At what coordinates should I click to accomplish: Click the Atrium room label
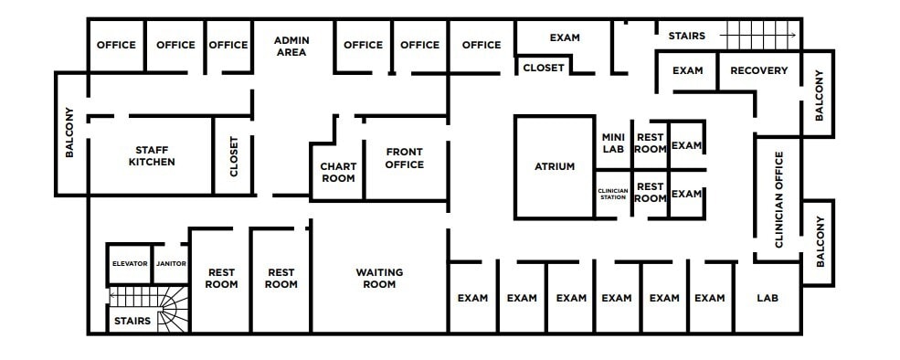[x=554, y=166]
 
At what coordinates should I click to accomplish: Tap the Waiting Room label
[x=379, y=279]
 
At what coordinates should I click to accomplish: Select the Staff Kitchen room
[x=152, y=156]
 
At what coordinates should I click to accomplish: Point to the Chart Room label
[x=337, y=172]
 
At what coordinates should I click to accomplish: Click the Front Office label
[x=404, y=158]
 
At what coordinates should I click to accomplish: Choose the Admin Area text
[x=290, y=45]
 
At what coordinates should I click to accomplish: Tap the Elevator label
[x=130, y=264]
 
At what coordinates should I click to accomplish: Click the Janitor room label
[x=171, y=264]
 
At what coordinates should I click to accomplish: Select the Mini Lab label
[x=612, y=143]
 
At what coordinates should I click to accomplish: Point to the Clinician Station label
[x=612, y=194]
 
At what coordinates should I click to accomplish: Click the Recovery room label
[x=758, y=70]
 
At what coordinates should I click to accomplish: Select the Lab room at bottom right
[x=767, y=298]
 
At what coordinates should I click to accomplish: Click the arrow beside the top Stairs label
[x=758, y=37]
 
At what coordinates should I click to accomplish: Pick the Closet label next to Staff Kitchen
[x=233, y=156]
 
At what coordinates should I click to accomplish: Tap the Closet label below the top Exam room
[x=544, y=68]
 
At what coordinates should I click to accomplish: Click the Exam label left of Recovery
[x=687, y=70]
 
